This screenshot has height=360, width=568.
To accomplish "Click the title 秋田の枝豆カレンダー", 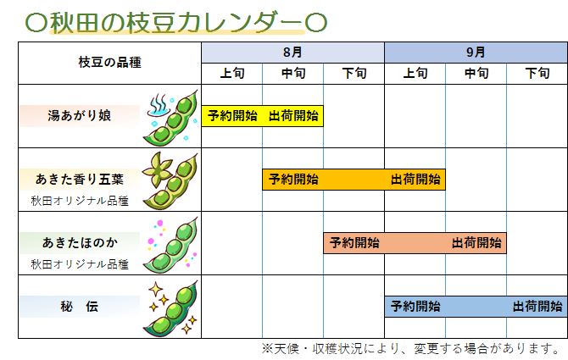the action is click(176, 22).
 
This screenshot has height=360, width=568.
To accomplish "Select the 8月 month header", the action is click(292, 53).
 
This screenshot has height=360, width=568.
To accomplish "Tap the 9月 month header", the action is click(476, 53).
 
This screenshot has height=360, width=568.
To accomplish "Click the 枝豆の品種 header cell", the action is click(109, 62).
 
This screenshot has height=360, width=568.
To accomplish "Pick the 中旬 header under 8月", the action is click(293, 74).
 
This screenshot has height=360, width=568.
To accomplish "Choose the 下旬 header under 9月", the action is click(537, 74).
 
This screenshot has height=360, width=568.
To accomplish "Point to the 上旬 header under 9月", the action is click(415, 74).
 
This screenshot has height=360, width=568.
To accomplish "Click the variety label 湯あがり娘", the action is click(80, 116).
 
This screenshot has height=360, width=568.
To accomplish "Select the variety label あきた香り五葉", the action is click(80, 179).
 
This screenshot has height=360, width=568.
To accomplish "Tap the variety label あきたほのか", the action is click(80, 242).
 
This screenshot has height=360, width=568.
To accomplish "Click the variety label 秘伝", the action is click(80, 307).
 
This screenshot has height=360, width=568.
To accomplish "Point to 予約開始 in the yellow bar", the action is click(232, 116).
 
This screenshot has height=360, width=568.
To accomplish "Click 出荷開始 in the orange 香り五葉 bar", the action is click(415, 179).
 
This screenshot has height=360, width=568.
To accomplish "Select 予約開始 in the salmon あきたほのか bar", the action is click(354, 242).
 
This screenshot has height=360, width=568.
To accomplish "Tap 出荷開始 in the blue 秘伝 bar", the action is click(537, 307).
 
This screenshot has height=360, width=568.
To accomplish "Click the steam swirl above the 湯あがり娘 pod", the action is click(159, 105).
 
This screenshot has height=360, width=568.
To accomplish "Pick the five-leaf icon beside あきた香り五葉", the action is click(157, 169).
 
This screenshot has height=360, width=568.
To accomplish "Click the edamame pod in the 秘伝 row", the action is click(171, 308).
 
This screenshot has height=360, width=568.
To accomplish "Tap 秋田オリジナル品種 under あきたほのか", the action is click(80, 264).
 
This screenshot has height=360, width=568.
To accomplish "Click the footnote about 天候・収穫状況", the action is click(411, 348).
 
